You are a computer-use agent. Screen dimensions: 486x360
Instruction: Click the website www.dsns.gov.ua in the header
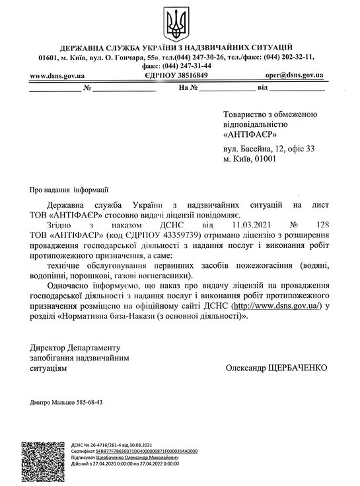pyautogui.click(x=57, y=75)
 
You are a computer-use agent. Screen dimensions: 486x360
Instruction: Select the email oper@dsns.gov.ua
pyautogui.click(x=294, y=75)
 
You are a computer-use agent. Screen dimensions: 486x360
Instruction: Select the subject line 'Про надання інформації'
pyautogui.click(x=65, y=189)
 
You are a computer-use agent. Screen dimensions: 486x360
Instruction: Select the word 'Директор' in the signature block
pyautogui.click(x=48, y=348)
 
